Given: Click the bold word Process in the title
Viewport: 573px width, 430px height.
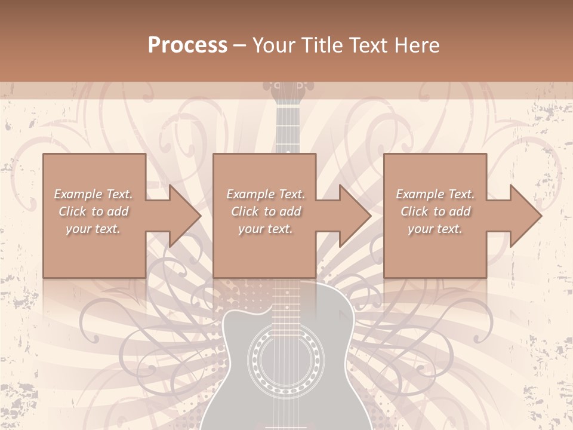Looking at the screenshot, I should tap(187, 45).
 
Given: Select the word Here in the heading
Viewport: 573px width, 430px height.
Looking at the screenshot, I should tap(417, 45).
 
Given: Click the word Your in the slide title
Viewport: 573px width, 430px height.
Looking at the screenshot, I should tap(273, 45).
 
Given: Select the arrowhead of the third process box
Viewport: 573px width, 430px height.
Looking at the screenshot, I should tap(525, 216).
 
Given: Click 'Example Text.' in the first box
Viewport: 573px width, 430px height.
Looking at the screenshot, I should tap(93, 194).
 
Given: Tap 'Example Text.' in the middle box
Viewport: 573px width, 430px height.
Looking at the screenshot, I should tap(265, 194).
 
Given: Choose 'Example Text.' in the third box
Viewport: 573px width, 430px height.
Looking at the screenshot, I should tap(435, 194).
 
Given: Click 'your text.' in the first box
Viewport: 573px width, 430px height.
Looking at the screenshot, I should tap(93, 229).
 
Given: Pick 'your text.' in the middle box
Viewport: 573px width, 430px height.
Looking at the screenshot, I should tap(265, 229).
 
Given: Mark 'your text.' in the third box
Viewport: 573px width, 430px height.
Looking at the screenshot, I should tap(435, 229).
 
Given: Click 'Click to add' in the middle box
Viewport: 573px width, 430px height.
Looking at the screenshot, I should tap(265, 211).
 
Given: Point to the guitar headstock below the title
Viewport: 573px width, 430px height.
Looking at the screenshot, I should tap(287, 90).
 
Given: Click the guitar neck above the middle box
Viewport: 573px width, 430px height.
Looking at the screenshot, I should tap(287, 128).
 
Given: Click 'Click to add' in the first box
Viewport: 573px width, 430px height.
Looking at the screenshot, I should tap(93, 211).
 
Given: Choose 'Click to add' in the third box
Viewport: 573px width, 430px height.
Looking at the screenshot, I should tap(435, 211).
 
